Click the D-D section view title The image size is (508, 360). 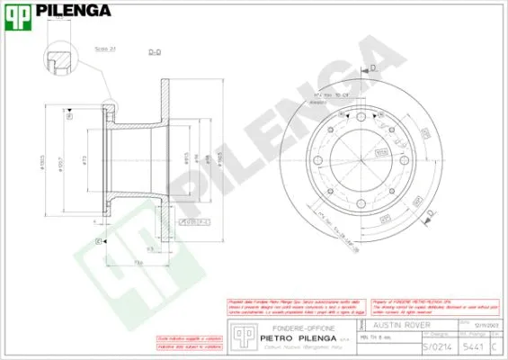[x=154, y=53]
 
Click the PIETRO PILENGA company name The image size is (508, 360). [x=296, y=338]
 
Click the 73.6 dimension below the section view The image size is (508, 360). [x=140, y=262]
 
